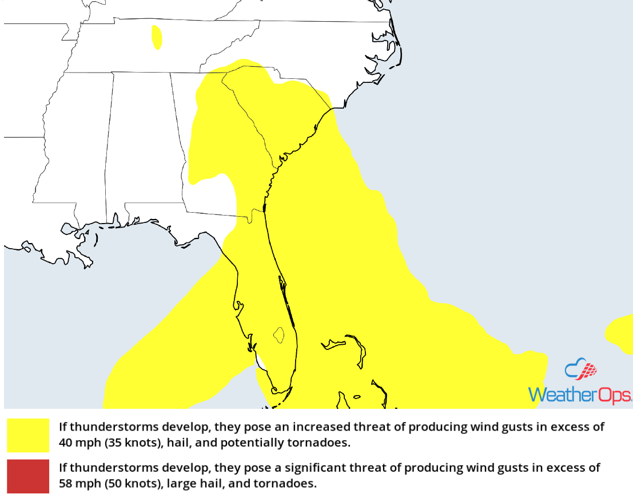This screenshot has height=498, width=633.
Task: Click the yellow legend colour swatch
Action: [28, 435]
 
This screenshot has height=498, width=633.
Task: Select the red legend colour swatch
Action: [28, 476]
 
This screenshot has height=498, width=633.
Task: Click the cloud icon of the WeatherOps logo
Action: [580, 370]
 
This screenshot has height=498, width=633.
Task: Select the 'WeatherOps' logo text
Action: [580, 395]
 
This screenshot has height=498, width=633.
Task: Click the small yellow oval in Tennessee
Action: [157, 38]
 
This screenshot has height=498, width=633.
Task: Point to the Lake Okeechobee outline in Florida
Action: [278, 334]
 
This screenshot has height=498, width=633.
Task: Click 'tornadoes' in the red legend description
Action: [292, 483]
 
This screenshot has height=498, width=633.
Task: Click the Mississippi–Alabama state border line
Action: [109, 143]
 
